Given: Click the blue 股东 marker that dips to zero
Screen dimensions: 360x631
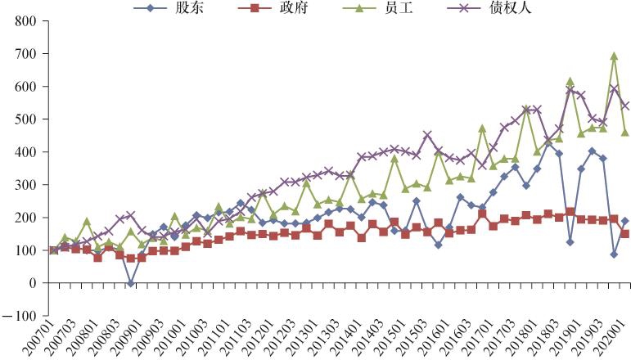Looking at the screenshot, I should coord(131,283).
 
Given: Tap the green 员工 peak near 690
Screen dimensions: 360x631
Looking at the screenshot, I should coord(614,56).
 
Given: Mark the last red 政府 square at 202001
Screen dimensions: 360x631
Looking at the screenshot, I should coord(624,234).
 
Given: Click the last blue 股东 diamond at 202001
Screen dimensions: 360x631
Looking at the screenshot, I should coord(624,221).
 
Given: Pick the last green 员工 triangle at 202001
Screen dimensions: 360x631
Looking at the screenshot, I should coord(624,132).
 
